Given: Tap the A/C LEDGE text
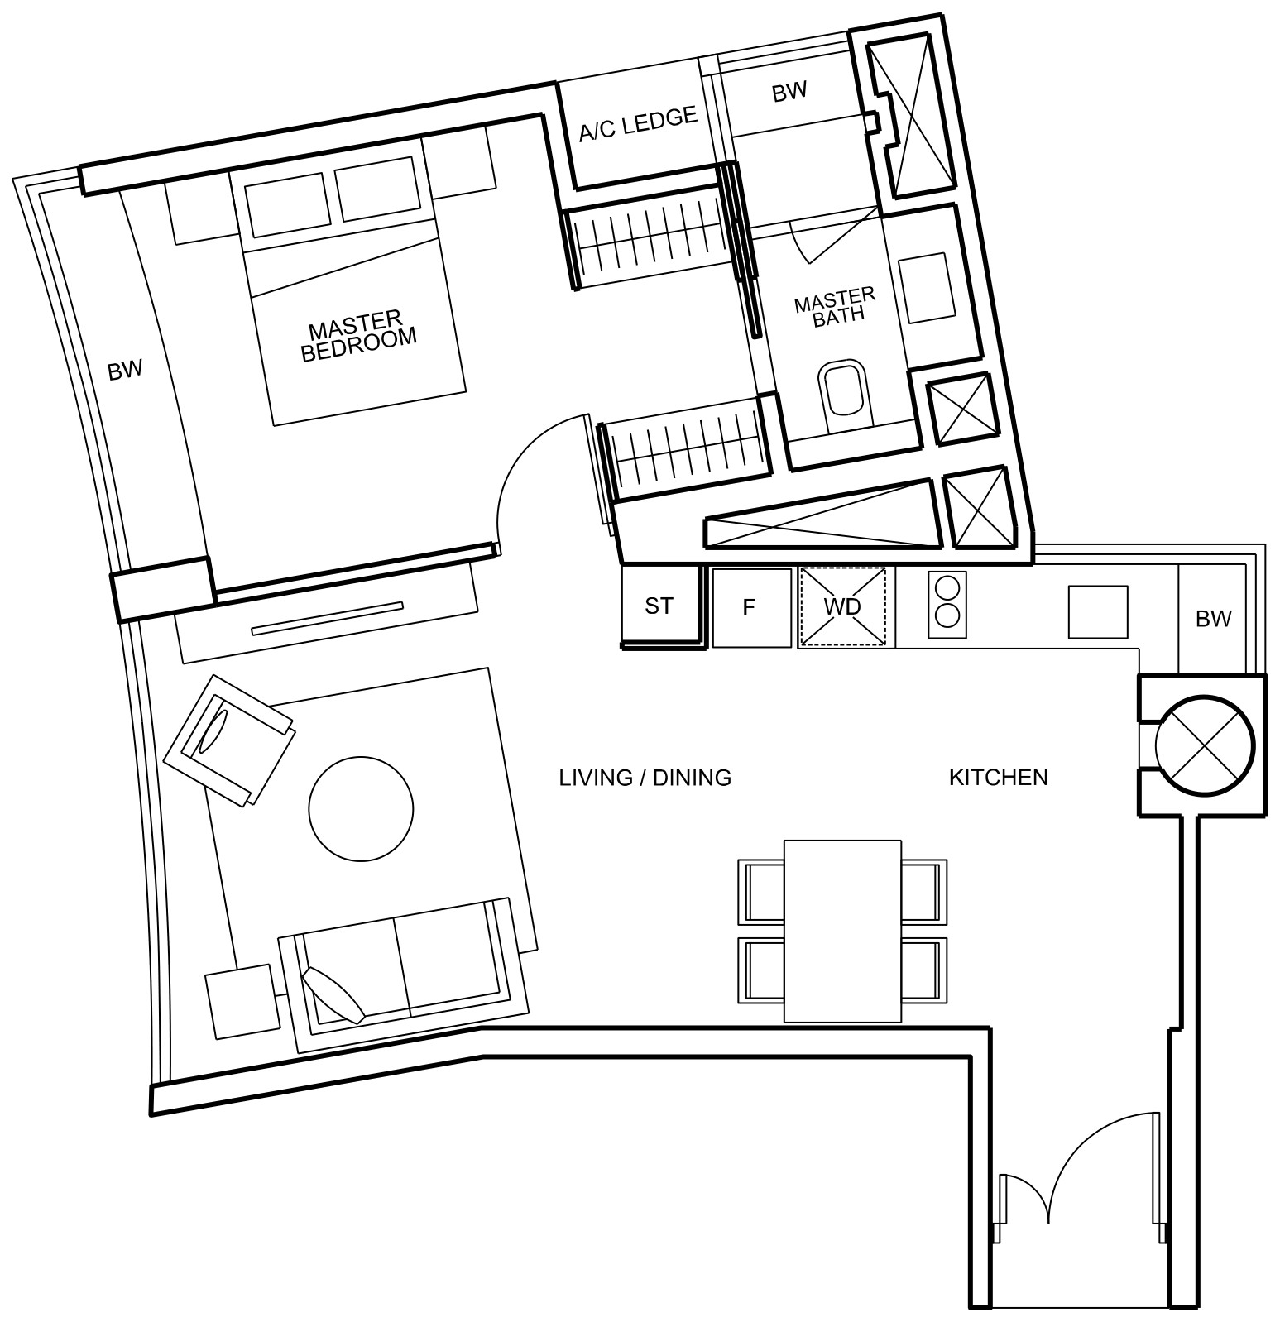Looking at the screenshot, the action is point(638,124).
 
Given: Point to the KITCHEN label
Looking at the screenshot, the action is point(998,777).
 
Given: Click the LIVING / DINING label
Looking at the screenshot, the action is point(645,778).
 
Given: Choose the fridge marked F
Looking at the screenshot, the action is point(751,608).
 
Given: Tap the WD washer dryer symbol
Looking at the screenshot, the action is point(842,606).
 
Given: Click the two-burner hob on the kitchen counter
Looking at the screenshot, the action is point(947,605).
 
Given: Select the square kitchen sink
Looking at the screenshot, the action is point(1098,611).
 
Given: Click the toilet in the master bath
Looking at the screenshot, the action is point(844,394).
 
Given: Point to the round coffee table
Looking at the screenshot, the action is point(360,808).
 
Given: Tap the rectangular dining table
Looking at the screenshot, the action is point(842,931).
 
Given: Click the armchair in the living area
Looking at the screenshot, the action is point(229,739).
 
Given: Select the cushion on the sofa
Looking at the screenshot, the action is point(333,995).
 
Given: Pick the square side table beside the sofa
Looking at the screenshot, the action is point(242,1000).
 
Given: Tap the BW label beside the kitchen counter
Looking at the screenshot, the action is point(1213,618).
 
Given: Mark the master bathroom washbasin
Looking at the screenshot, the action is point(928,288).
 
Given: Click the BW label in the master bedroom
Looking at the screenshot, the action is point(125,370).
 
